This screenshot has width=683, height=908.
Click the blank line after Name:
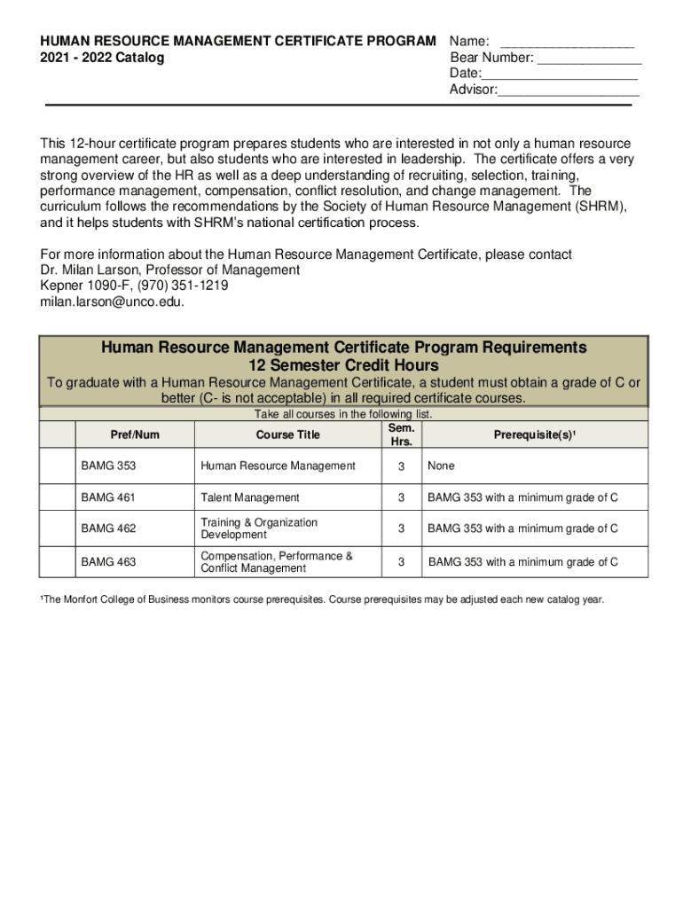pos(567,43)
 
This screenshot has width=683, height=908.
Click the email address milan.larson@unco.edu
pos(112,301)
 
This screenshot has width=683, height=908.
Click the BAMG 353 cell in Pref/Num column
pos(108,466)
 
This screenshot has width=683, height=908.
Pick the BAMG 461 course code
pos(108,497)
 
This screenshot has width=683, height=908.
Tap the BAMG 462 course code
pos(108,529)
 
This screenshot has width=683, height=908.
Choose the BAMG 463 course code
pos(108,561)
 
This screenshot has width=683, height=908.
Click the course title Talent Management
pos(250,497)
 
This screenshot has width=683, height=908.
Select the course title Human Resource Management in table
pos(278,466)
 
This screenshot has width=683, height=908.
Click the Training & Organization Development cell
pos(259,529)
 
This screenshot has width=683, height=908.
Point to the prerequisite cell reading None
pos(441,466)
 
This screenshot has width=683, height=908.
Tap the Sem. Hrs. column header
pos(401,434)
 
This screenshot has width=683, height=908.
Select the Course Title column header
pos(287,434)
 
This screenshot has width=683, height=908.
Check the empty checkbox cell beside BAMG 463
pos(58,561)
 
